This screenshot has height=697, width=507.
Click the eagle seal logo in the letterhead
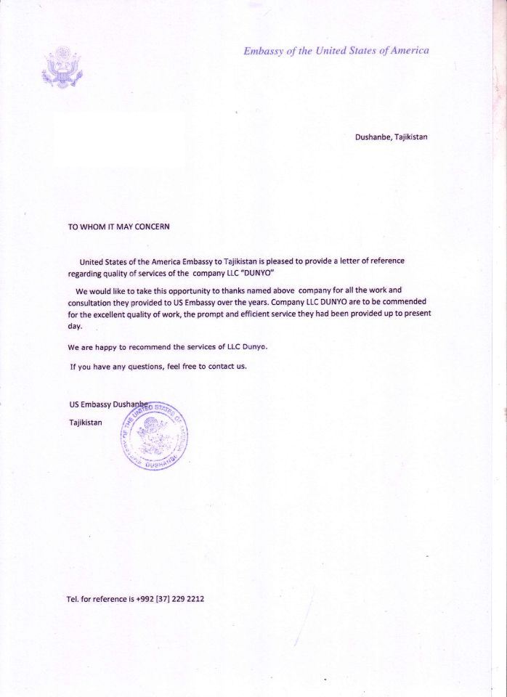pyautogui.click(x=62, y=68)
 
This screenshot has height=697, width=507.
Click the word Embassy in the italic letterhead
pyautogui.click(x=264, y=51)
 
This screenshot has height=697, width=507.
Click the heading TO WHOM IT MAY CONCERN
pyautogui.click(x=118, y=227)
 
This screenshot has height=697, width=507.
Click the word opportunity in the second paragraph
pyautogui.click(x=181, y=290)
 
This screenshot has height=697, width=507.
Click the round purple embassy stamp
pyautogui.click(x=153, y=436)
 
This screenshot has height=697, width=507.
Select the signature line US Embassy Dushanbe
pyautogui.click(x=108, y=405)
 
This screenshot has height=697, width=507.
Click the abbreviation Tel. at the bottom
pyautogui.click(x=73, y=599)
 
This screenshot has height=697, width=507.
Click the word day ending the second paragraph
pyautogui.click(x=75, y=326)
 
